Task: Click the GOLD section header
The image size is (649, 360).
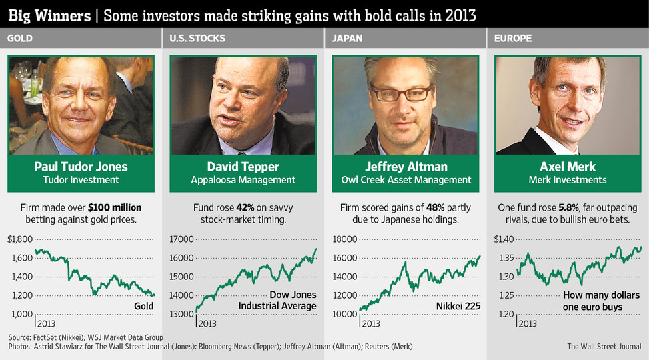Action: pos(20,39)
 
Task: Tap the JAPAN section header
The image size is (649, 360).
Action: pos(347,39)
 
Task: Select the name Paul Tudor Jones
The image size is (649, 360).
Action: pos(81,167)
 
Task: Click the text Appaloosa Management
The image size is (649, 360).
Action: pos(243,180)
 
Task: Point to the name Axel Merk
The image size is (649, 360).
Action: pos(568,167)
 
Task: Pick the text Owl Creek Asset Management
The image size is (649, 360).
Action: pos(406,180)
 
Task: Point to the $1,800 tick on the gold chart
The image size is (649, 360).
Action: pos(20,239)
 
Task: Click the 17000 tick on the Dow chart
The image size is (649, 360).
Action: pos(181,239)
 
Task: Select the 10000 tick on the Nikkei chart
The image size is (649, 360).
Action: pos(344,314)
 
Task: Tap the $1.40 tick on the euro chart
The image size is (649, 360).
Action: pos(505,239)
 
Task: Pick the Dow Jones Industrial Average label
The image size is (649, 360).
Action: pos(278,301)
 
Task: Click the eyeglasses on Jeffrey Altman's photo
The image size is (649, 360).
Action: pos(401,93)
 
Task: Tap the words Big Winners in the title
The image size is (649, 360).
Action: pos(48,14)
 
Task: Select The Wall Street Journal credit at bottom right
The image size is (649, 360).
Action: pos(604,347)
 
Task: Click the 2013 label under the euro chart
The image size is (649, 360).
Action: pos(528,324)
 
